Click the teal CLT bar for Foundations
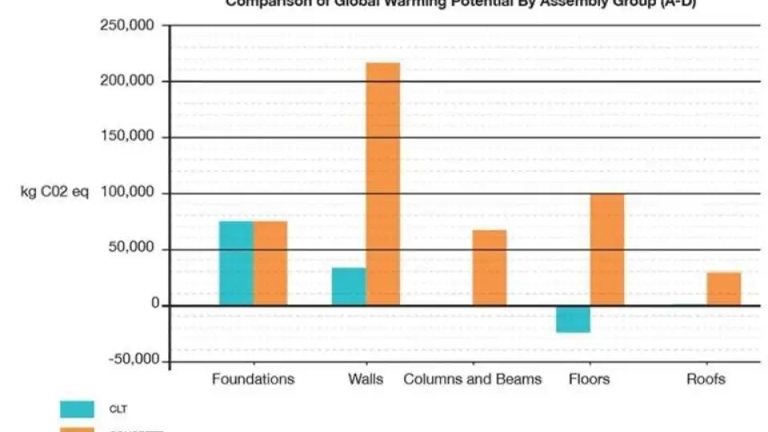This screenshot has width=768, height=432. coord(237,263)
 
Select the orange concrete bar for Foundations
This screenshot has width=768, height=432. coord(270,263)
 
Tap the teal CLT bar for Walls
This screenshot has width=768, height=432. coord(349,286)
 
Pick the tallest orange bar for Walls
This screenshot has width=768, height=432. coord(382,184)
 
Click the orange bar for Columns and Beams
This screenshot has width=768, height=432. coord(490,268)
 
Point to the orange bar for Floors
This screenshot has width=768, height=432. coord(607,250)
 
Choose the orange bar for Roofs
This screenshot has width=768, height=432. coord(724,289)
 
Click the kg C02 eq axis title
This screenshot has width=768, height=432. coord(55,194)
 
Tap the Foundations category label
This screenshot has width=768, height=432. coord(253,379)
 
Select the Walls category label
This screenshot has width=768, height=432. coord(366,379)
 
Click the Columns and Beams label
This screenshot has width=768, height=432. coord(473,379)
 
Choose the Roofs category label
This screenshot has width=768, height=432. coord(706,379)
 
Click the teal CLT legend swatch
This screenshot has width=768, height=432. coord(78,409)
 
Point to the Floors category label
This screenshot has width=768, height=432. coord(589,379)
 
